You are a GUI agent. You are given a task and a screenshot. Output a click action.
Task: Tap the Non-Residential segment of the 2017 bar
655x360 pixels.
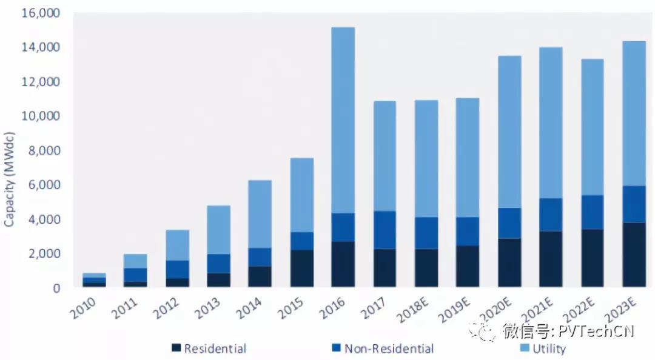385,230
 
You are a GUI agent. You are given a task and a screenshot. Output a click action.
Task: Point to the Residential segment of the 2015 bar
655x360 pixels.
301,268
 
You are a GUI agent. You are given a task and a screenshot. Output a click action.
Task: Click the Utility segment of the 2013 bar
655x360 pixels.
218,230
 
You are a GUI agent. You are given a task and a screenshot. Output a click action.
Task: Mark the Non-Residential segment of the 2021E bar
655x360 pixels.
551,215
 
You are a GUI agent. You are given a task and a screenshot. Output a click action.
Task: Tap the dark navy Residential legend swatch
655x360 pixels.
176,348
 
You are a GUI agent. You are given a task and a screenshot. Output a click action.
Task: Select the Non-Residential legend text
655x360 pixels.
389,348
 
